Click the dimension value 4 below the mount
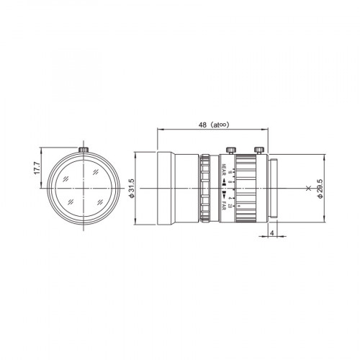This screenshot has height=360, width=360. [270, 233]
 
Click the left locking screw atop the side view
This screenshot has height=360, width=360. [230, 150]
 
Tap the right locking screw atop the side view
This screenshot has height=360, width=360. [258, 150]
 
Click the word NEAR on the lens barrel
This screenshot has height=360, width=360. [225, 171]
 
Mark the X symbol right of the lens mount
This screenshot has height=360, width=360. [308, 189]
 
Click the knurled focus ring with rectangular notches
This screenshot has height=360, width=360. [206, 189]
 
